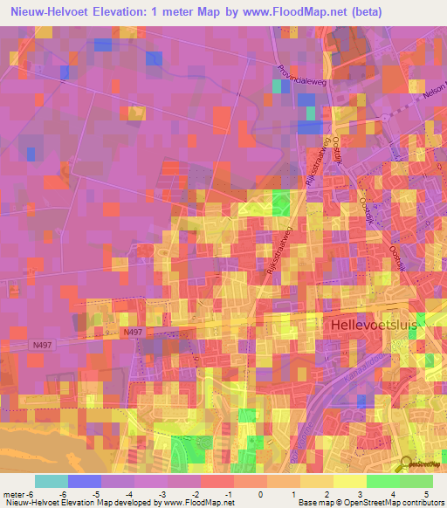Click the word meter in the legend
14,493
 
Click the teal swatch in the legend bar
52,481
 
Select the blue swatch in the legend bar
85,481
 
